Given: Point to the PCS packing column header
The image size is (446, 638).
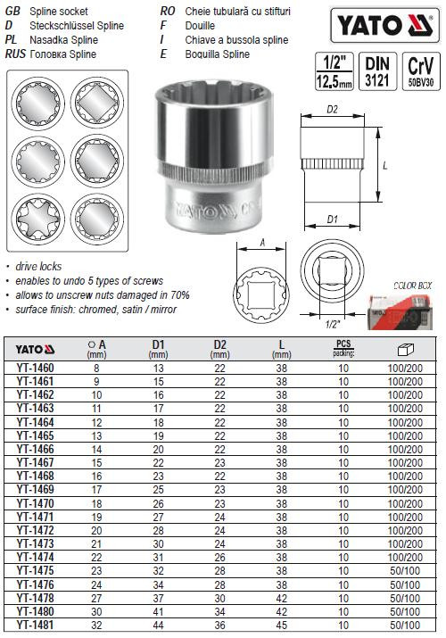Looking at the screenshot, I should (x=343, y=348).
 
